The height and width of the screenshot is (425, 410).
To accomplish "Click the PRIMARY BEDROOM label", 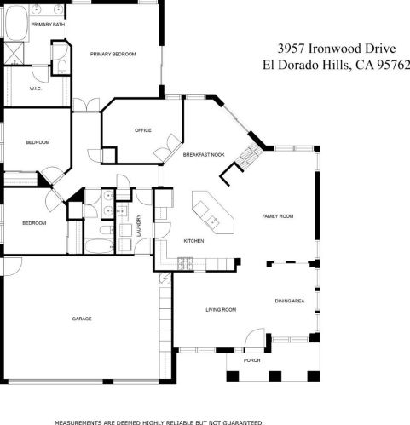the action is click(x=113, y=54).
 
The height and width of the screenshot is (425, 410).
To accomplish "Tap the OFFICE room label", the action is click(x=143, y=130).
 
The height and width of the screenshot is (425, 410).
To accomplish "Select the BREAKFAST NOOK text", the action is click(x=204, y=155).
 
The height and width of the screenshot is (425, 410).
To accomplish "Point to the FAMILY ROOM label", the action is click(x=278, y=216).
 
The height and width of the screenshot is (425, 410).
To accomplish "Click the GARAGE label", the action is click(x=82, y=319).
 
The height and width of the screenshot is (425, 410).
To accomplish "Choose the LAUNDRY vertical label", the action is click(x=139, y=226).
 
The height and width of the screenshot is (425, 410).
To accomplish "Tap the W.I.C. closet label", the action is click(x=36, y=89).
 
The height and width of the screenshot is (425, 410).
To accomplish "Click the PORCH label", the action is click(x=251, y=360).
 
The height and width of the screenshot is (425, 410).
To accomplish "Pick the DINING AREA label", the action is click(x=290, y=301).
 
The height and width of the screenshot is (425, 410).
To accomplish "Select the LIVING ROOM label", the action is click(x=221, y=310).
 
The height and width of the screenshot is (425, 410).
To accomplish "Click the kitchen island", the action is click(x=213, y=212).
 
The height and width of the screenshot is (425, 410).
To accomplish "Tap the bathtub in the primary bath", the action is click(x=16, y=23).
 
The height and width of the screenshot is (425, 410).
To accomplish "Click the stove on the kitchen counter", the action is click(x=185, y=264).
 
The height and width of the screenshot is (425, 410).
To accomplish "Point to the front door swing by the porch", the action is click(x=254, y=337).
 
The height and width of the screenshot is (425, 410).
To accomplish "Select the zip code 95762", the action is click(x=394, y=65).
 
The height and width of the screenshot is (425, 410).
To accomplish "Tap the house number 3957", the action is click(x=291, y=49).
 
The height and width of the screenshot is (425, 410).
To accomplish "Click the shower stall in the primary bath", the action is click(x=14, y=53).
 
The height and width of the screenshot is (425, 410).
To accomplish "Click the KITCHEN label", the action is click(x=193, y=241).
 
